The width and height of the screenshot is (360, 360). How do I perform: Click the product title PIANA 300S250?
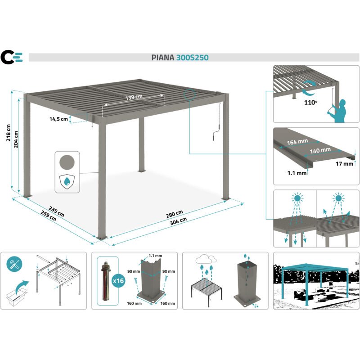pyautogui.click(x=180, y=58)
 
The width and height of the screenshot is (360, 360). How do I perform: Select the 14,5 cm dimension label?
pyautogui.click(x=59, y=119)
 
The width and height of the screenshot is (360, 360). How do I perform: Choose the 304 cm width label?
pyautogui.click(x=179, y=223)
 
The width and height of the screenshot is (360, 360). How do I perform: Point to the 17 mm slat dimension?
pyautogui.click(x=344, y=164)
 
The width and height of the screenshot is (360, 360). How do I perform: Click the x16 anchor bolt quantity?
pyautogui.click(x=118, y=281)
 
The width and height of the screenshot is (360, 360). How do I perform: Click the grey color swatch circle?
pyautogui.click(x=67, y=161)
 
